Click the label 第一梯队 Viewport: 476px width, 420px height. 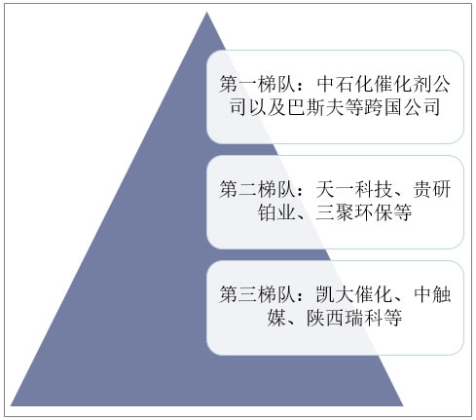(257, 85)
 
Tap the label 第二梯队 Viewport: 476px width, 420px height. (257, 189)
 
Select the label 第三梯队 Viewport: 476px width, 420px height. (257, 294)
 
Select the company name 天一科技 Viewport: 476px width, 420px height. (354, 189)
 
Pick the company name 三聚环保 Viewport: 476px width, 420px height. (354, 212)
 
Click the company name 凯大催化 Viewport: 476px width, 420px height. (354, 294)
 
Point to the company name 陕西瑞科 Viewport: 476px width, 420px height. (345, 318)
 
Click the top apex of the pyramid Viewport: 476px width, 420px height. (206, 12)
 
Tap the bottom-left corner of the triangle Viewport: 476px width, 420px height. (11, 405)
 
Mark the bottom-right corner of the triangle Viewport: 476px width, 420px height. (403, 405)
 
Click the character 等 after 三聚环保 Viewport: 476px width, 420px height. (402, 212)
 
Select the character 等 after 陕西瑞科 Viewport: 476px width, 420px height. (393, 318)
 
